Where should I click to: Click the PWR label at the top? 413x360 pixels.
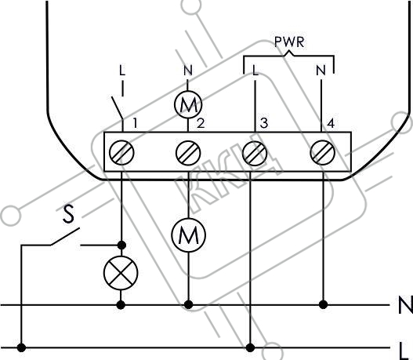(289, 42)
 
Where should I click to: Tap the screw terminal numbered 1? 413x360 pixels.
(121, 153)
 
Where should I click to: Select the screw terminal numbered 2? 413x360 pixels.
(188, 153)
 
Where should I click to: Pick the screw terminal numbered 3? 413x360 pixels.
(255, 153)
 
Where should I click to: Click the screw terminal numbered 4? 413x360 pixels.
(323, 153)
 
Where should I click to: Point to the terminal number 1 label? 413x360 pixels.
(135, 123)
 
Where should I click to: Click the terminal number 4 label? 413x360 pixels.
(331, 123)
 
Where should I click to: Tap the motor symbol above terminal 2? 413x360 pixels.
(188, 104)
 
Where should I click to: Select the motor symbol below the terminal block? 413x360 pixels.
(188, 235)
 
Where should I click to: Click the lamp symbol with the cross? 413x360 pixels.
(121, 272)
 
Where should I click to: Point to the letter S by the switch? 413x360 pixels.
(69, 214)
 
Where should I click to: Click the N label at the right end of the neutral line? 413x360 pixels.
(406, 305)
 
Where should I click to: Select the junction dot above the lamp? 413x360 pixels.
(121, 245)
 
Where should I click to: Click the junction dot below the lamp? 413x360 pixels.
(121, 305)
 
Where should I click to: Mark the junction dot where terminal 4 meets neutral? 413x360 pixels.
(323, 304)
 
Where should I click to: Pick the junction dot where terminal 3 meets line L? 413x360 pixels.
(250, 347)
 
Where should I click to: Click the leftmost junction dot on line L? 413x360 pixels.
(21, 347)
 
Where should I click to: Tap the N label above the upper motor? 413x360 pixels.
(188, 70)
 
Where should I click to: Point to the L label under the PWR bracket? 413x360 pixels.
(255, 70)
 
